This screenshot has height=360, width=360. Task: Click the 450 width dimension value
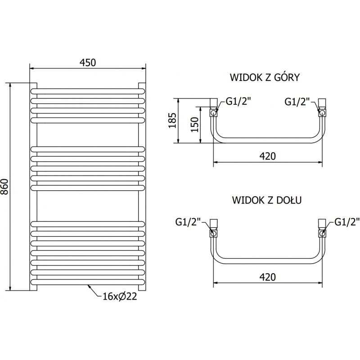[x=88, y=63]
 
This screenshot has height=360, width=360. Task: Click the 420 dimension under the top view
[x=267, y=156]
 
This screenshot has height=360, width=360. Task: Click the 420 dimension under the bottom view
[x=267, y=277]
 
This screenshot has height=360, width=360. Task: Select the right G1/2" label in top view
[x=297, y=102]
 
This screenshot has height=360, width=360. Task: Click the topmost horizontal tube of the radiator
[x=88, y=90]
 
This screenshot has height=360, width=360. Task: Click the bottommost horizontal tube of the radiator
[x=88, y=283]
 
